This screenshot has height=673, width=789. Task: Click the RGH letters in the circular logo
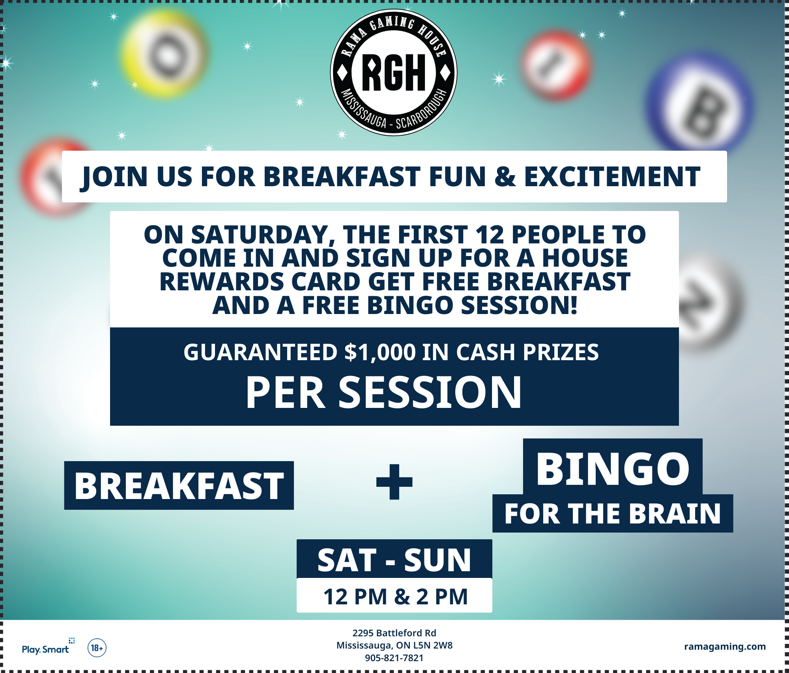pos(394,72)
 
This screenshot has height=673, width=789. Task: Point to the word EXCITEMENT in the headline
pos(612,176)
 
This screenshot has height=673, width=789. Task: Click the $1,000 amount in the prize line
pos(380,352)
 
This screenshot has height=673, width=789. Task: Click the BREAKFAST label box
pos(179,486)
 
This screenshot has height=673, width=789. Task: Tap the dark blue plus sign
pos(394,482)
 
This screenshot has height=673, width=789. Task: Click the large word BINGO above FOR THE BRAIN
pos(613,469)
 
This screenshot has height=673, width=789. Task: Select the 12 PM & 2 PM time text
pos(395,596)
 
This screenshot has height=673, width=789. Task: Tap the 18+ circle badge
pos(97,648)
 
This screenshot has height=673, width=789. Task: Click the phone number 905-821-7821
pos(394,658)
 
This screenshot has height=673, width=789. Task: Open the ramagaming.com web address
pos(725,647)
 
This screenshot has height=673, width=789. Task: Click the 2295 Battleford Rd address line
pos(394,633)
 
